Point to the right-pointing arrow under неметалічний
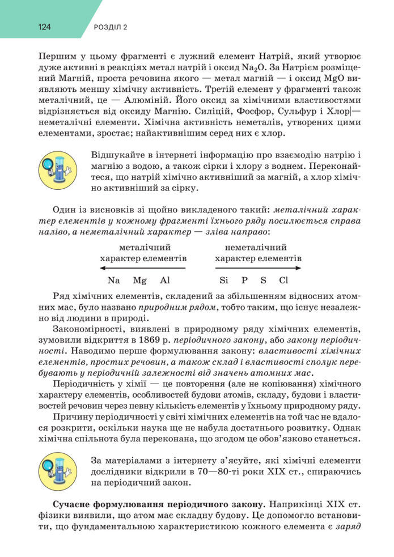pos(258,268)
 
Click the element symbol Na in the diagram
pos(113,280)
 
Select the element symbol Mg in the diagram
pos(139,280)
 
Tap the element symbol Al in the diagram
pos(165,280)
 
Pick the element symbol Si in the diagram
pos(224,280)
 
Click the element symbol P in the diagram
pos(244,280)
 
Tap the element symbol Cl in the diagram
pos(283,280)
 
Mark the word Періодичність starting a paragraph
pos(81,384)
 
